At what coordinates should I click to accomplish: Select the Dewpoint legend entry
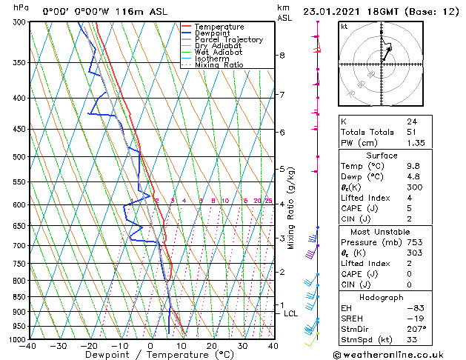(x=213, y=33)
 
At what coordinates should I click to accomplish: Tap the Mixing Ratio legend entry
(x=219, y=65)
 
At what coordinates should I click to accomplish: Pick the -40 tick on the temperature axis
(x=29, y=346)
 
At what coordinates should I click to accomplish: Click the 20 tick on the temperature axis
(x=211, y=346)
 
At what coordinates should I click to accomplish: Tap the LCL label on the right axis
(x=291, y=313)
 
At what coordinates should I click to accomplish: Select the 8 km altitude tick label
(x=282, y=56)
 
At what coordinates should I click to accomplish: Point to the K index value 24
(x=411, y=121)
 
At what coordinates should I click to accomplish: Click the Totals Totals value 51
(x=411, y=132)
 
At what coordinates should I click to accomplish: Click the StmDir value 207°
(x=416, y=328)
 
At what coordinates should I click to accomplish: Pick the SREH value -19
(x=413, y=318)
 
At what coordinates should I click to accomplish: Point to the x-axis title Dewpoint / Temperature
(x=150, y=355)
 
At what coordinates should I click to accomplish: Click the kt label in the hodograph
(x=344, y=27)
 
